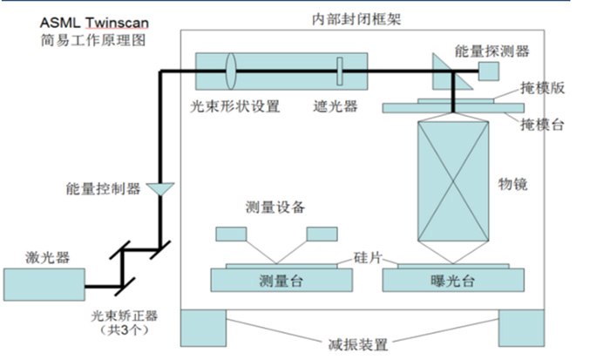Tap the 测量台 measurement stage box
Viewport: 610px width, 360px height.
[x=281, y=281]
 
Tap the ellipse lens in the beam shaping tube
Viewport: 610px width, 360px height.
[x=231, y=70]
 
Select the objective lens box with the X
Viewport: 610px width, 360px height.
[x=454, y=181]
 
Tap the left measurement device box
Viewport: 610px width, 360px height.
[x=232, y=234]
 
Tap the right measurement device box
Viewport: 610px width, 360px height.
[x=322, y=234]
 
